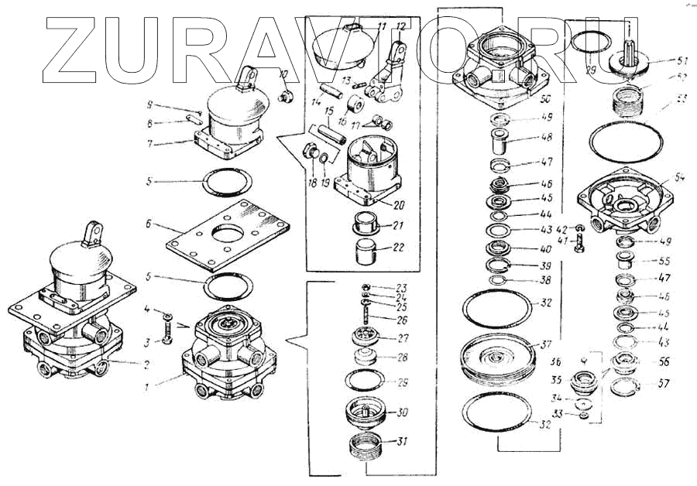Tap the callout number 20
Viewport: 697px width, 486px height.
coord(398,206)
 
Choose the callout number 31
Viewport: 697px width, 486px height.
coord(401,442)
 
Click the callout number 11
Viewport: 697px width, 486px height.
coord(381,28)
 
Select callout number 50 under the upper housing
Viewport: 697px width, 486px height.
coord(544,100)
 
